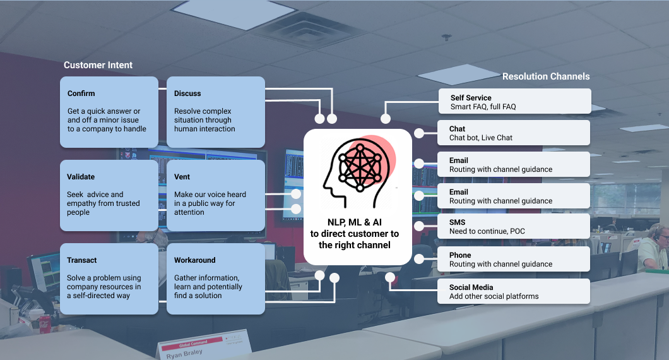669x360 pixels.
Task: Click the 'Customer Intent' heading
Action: click(98, 65)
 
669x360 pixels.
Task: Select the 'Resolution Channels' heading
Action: click(546, 76)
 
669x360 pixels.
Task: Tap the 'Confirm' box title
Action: click(81, 93)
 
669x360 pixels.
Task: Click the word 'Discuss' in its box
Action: click(187, 93)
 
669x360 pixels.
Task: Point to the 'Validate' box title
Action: click(81, 177)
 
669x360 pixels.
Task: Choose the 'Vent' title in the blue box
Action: click(182, 177)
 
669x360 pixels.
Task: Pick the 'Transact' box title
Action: click(82, 260)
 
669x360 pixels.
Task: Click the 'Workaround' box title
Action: click(194, 260)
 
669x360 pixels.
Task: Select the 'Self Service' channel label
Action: click(471, 98)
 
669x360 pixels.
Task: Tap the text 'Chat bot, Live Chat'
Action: click(480, 138)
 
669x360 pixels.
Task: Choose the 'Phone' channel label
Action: click(460, 255)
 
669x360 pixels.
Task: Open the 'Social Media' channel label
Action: click(471, 287)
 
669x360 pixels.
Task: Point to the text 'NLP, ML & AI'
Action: click(354, 222)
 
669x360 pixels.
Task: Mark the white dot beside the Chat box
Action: click(419, 133)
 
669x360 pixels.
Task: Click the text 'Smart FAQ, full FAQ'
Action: click(483, 107)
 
